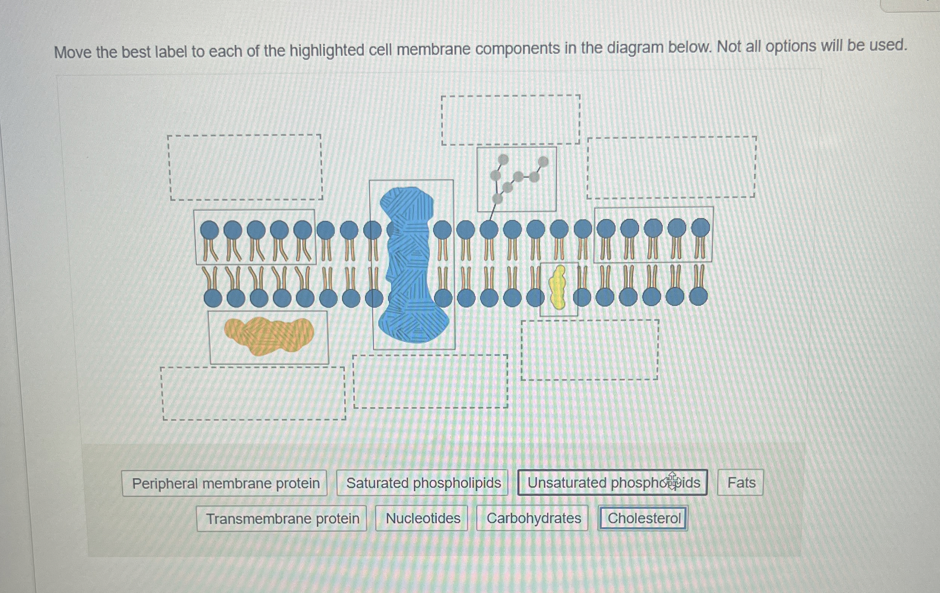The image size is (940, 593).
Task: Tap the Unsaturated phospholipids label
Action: point(612,482)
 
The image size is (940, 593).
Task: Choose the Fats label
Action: point(741,482)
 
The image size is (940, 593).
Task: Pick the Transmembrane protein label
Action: point(282,519)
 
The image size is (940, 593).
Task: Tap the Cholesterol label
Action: point(643,518)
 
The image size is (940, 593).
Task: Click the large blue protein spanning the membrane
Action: point(412,266)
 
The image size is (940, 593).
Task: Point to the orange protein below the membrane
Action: point(269,336)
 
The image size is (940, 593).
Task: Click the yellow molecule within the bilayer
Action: point(558,288)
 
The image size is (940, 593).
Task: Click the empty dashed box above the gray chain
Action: point(511,120)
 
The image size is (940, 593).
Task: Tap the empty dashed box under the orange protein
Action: point(254,394)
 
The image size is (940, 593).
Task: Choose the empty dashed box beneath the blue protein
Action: point(430,381)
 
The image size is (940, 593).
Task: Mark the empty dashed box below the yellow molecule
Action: point(590,350)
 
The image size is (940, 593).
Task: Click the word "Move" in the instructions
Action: point(73,52)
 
